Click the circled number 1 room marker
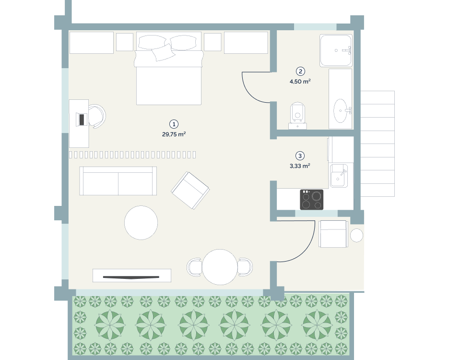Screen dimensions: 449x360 (x=174, y=124)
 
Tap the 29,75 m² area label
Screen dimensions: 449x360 (x=174, y=134)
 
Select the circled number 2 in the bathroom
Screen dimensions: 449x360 (x=300, y=72)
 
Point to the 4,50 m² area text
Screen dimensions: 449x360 (x=300, y=82)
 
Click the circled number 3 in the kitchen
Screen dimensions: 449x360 (x=300, y=156)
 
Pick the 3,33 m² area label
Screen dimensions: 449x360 (x=300, y=166)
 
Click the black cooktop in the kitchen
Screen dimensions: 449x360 (x=311, y=199)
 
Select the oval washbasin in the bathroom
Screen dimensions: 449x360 (x=341, y=110)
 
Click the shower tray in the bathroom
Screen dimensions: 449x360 (x=336, y=50)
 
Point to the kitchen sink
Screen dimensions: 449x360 (x=339, y=176)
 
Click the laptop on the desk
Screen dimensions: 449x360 (x=82, y=119)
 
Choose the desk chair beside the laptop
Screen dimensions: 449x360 (x=97, y=116)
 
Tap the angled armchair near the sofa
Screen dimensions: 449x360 (x=190, y=190)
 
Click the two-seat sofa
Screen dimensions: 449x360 (x=118, y=181)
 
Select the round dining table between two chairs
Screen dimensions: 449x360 (x=220, y=267)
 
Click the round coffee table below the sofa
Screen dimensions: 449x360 (x=141, y=222)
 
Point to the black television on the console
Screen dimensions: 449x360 (x=131, y=277)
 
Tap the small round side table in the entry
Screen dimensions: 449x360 (x=357, y=235)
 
